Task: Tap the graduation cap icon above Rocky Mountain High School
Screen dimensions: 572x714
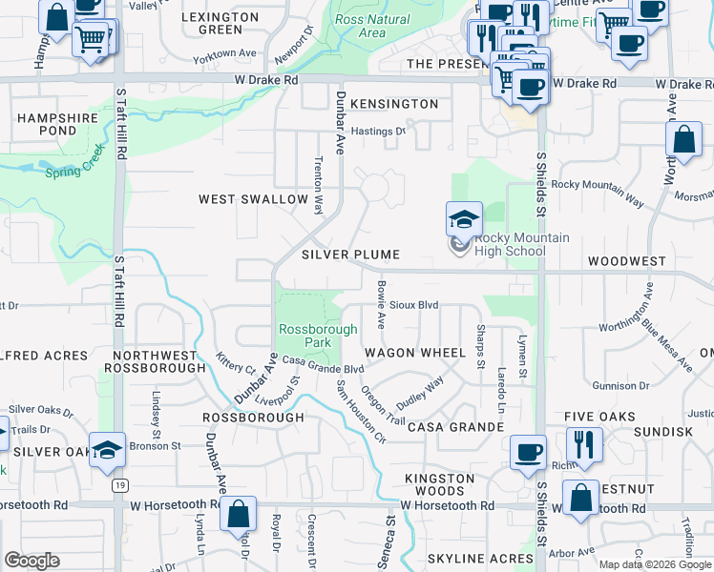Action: coord(464,219)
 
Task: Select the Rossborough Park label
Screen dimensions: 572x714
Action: coord(318,336)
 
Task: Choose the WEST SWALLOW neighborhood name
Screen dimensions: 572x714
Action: coord(253,200)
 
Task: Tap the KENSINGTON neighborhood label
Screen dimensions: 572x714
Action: coord(393,103)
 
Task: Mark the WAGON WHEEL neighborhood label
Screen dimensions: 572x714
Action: coord(414,353)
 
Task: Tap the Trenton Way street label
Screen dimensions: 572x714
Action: coord(319,188)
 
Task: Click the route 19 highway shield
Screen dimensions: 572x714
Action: coord(119,485)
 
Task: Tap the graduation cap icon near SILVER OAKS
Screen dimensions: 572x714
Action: coord(107,449)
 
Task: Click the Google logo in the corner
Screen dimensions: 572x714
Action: coord(31,561)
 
